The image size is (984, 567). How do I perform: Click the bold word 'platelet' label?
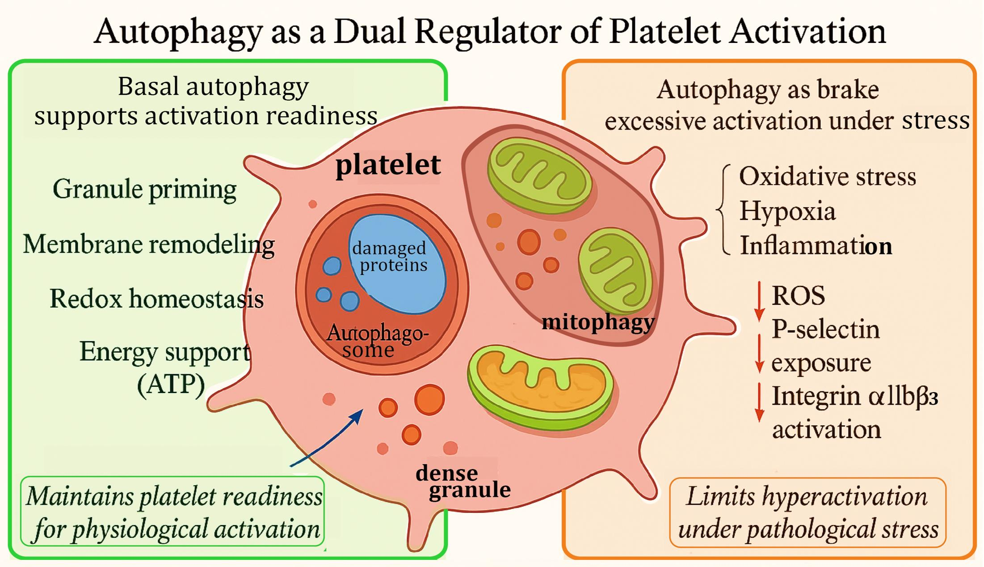point(388,165)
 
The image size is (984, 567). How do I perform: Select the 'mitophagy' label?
point(598,322)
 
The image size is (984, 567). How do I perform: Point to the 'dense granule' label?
point(463,481)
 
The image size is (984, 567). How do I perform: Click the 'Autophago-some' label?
point(377,341)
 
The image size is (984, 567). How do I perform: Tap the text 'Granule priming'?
point(144,190)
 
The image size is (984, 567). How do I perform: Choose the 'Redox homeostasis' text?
point(156,299)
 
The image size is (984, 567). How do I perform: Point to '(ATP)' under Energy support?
point(171,385)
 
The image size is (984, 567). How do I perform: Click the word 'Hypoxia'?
point(787,211)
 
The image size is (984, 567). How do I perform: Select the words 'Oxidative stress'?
point(828,176)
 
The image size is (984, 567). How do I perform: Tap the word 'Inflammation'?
point(816,246)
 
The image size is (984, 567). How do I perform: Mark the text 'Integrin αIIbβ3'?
point(854,396)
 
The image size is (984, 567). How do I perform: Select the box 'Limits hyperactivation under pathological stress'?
point(808,512)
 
